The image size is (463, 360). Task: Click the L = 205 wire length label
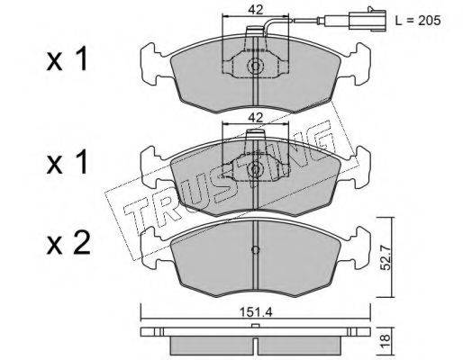(x=418, y=21)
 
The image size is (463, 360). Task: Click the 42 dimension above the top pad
(x=255, y=10)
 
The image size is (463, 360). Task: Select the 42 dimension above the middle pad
(x=255, y=117)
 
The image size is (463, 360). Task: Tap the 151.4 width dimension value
(x=256, y=312)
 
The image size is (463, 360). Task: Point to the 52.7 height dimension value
(x=385, y=257)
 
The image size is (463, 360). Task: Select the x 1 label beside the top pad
(x=67, y=59)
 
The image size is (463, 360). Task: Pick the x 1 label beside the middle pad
(x=67, y=162)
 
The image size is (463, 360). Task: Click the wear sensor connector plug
(x=368, y=20)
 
